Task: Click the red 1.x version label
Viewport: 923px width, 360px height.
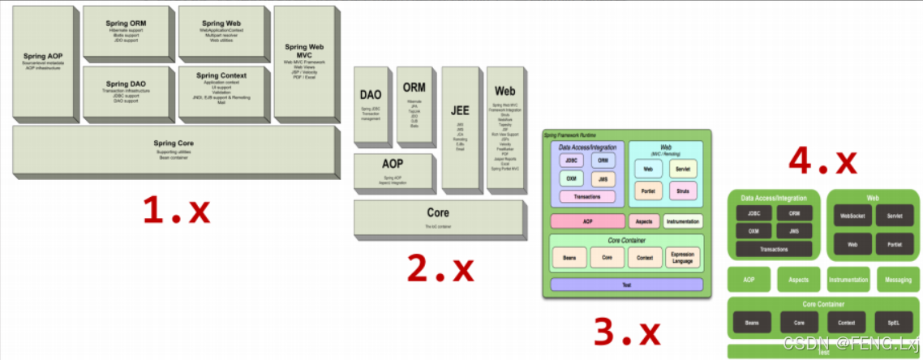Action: [176, 211]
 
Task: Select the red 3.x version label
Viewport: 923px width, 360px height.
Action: [627, 329]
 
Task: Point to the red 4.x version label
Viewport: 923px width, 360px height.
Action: [822, 160]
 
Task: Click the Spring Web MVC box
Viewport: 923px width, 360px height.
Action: [304, 61]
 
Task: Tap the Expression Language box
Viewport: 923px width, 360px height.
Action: [684, 258]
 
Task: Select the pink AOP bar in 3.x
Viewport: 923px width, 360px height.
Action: [586, 221]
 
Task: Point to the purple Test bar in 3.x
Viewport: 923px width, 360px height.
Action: [626, 285]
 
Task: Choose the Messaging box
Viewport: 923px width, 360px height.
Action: [898, 279]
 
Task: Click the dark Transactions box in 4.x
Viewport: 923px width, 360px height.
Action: [774, 249]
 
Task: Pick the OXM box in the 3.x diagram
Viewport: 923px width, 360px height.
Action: [571, 178]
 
